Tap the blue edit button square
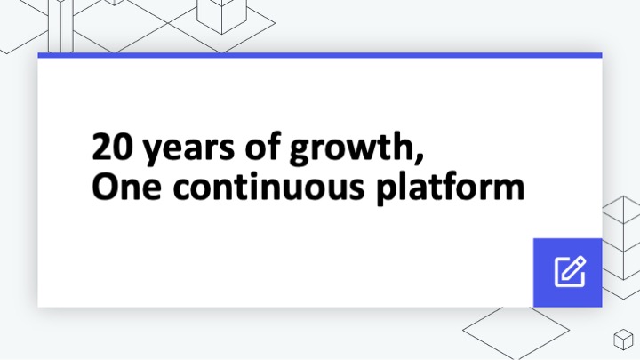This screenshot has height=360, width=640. [x=567, y=272]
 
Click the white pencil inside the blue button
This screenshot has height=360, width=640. [x=570, y=271]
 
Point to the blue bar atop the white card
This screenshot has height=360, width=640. [x=320, y=55]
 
